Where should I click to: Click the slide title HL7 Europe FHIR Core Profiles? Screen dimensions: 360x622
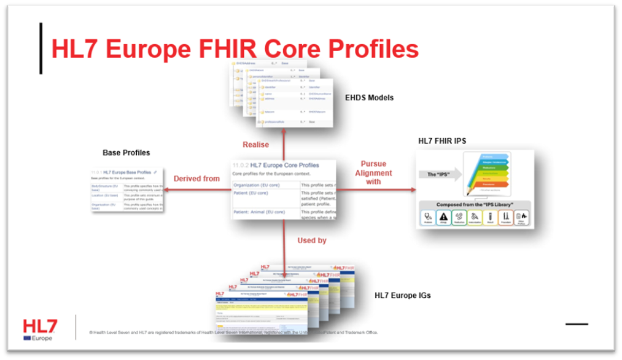(235, 49)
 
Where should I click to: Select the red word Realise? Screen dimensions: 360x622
(256, 144)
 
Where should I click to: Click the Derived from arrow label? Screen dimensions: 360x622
(196, 179)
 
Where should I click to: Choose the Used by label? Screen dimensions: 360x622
(312, 240)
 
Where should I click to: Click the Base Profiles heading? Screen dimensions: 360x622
(126, 152)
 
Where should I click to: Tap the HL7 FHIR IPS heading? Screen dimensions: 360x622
(442, 141)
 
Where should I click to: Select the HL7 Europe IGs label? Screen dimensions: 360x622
(403, 295)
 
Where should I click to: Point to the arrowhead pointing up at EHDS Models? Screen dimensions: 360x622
(284, 131)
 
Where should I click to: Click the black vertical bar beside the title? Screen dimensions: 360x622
(41, 49)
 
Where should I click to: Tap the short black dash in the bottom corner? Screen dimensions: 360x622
(577, 324)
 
